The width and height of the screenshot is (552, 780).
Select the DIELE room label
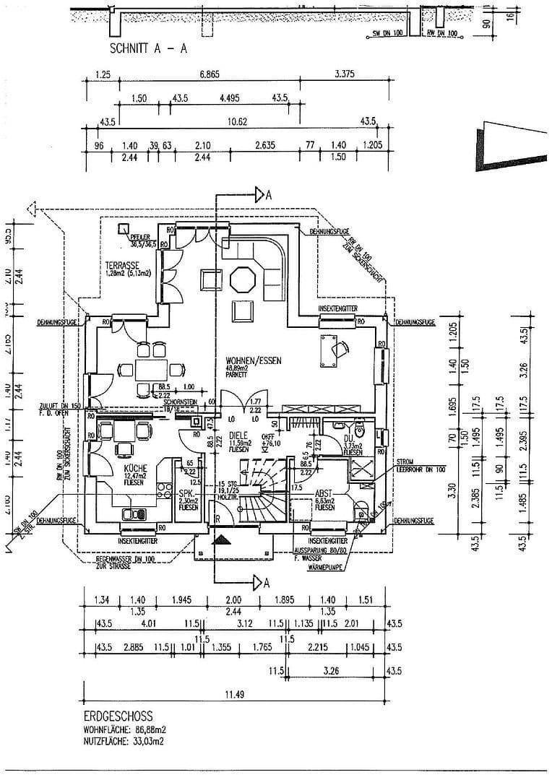[x=238, y=435]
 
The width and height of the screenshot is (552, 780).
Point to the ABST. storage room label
[x=322, y=494]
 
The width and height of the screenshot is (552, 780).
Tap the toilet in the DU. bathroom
[x=367, y=434]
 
